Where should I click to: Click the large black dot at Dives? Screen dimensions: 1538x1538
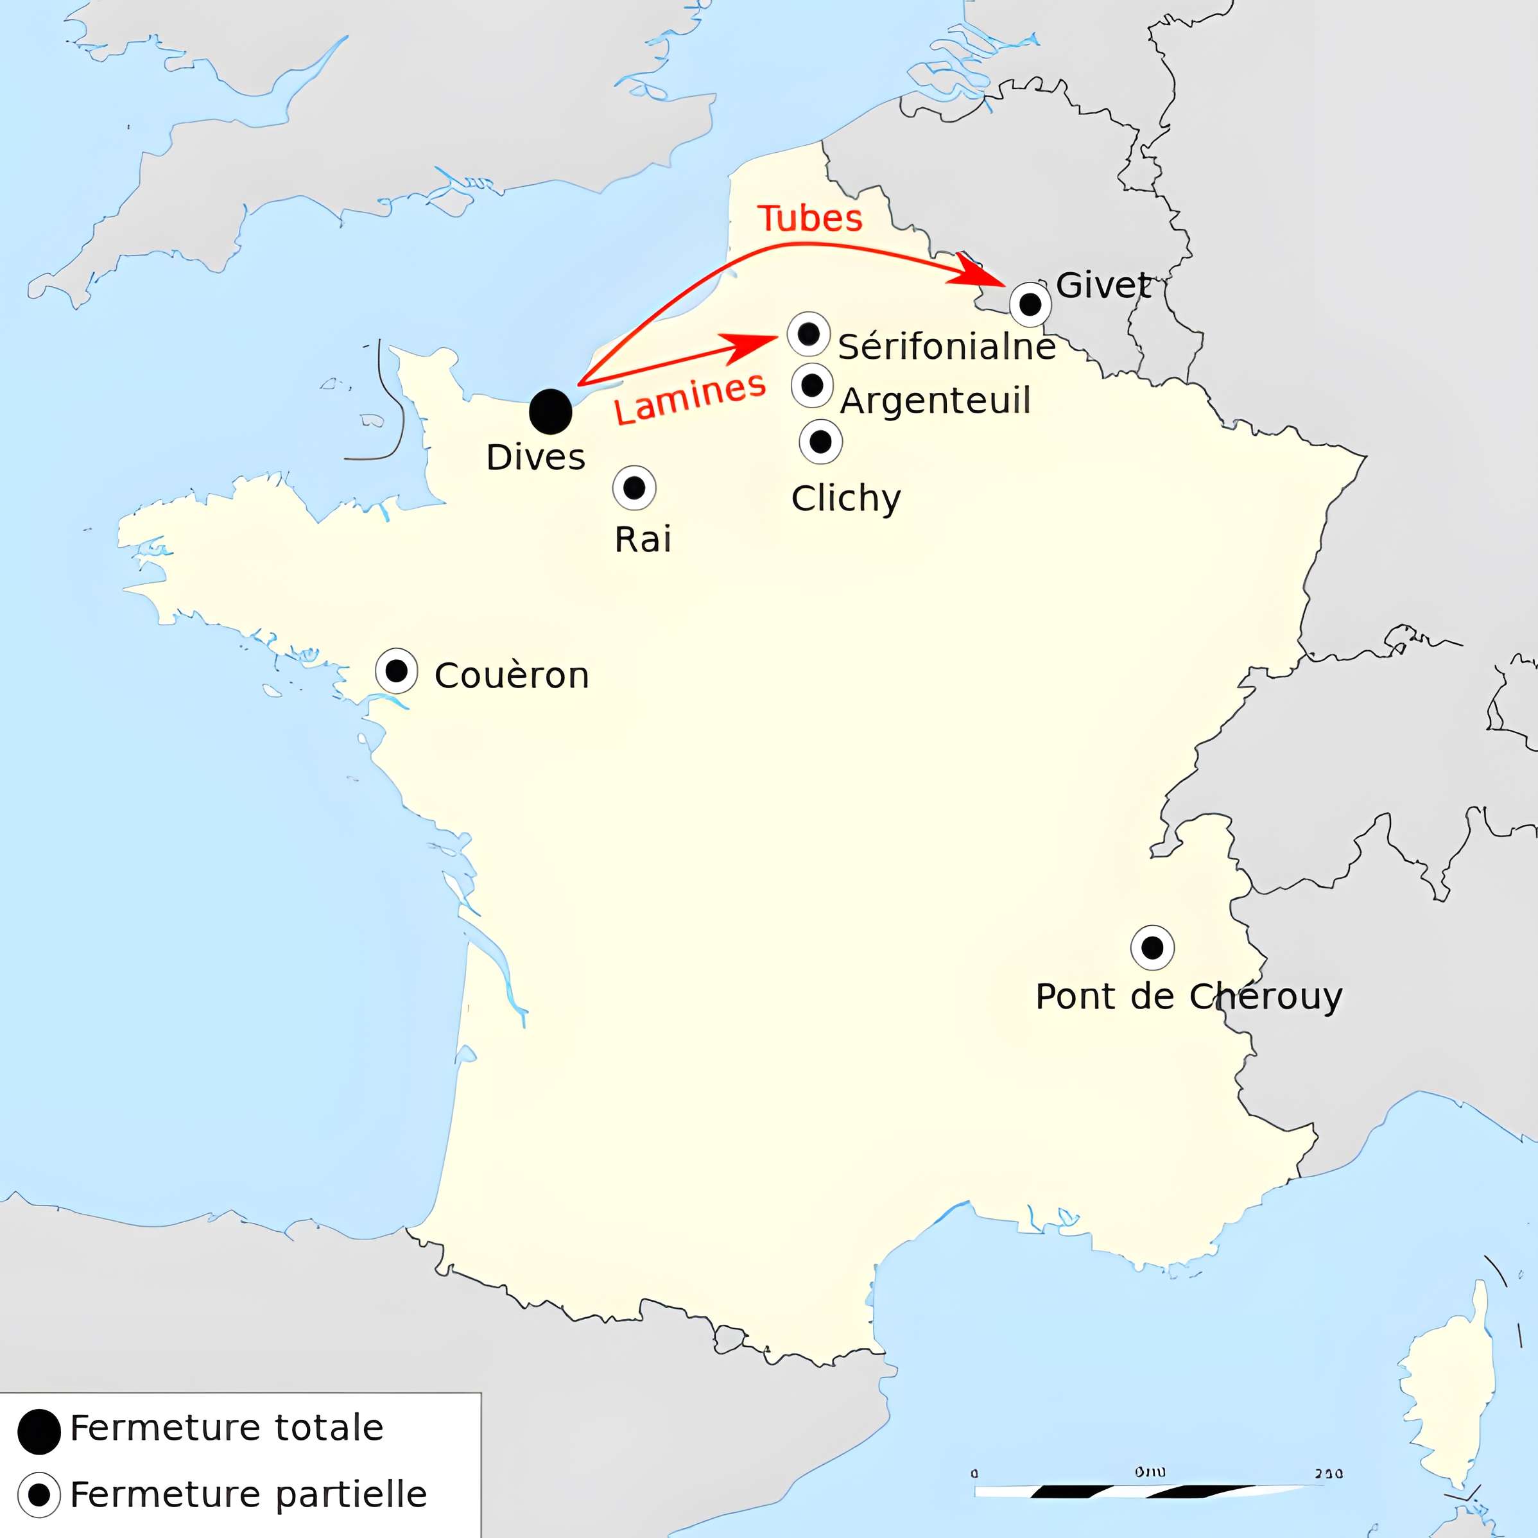[550, 411]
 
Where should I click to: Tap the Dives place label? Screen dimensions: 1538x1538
[536, 458]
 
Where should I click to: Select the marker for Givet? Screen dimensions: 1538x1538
[1030, 304]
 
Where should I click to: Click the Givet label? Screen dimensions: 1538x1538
[1103, 285]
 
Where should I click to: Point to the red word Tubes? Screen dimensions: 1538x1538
[809, 219]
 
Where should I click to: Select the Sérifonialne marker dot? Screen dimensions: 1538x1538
[808, 334]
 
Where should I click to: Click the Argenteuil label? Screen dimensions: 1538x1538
[935, 400]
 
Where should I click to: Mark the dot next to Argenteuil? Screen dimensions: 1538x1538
[812, 386]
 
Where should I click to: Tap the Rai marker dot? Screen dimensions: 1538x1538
[634, 488]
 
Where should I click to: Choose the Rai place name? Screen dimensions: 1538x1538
[643, 540]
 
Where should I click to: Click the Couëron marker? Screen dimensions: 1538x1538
[397, 670]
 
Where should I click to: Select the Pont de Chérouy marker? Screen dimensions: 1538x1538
[1152, 947]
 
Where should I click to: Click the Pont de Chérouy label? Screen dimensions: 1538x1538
[1189, 997]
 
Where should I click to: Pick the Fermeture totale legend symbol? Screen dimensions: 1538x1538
[39, 1431]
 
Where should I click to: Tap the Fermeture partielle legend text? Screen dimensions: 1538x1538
[248, 1494]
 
